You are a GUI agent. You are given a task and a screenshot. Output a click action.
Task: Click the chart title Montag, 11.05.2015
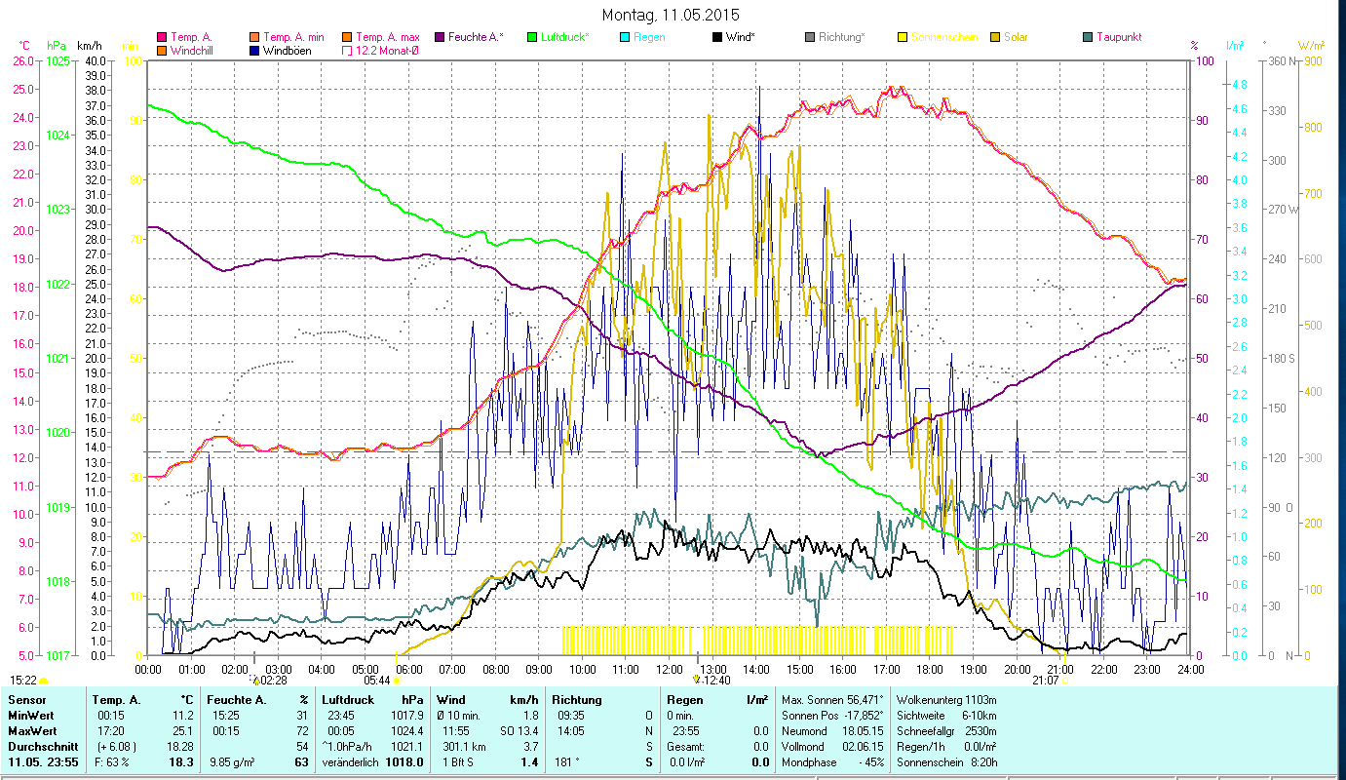671,15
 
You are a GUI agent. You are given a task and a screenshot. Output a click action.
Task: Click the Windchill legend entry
191,50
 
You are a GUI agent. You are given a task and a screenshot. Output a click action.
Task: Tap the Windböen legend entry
287,50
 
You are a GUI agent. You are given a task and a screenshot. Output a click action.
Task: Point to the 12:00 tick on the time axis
670,670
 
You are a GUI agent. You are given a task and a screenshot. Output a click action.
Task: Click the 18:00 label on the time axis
930,670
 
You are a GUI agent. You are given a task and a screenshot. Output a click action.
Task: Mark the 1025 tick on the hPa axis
58,60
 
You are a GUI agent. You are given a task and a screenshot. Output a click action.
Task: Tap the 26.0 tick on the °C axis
22,60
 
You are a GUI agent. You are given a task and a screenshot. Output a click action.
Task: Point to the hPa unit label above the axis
57,46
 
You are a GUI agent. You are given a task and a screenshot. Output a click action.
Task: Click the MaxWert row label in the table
32,730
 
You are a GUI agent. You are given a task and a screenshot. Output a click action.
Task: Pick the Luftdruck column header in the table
347,700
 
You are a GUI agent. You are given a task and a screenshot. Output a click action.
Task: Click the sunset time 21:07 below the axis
1046,681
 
